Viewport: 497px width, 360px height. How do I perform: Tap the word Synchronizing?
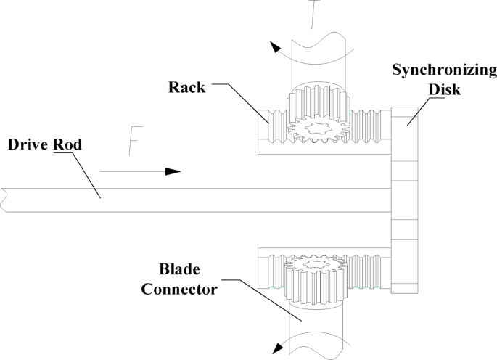pos(444,70)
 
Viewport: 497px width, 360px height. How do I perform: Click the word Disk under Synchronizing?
pos(444,89)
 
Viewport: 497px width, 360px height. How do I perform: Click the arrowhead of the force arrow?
pos(173,171)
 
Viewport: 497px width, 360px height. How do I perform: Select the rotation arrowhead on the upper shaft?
pos(275,48)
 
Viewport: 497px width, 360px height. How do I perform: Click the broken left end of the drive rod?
pos(4,200)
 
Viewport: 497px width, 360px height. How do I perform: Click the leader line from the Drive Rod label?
pos(80,174)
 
